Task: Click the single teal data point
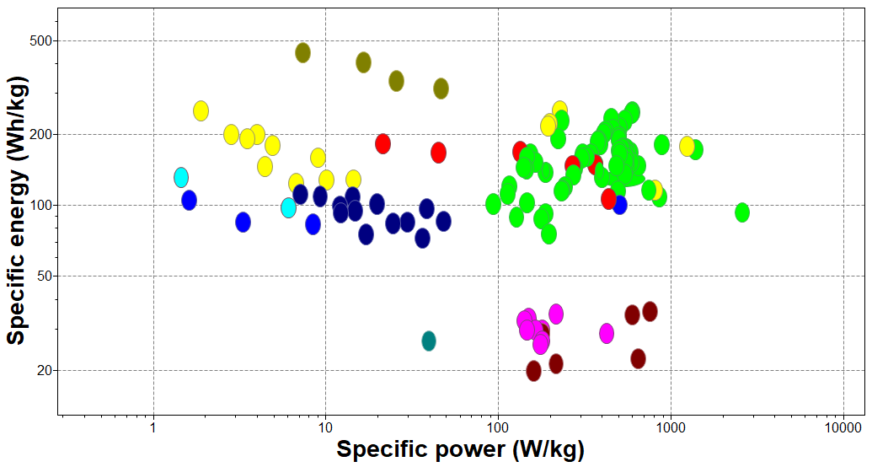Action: pyautogui.click(x=429, y=341)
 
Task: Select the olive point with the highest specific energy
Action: pyautogui.click(x=302, y=53)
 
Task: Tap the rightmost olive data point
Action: pyautogui.click(x=441, y=89)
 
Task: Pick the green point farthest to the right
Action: pyautogui.click(x=741, y=212)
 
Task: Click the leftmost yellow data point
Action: pyautogui.click(x=201, y=110)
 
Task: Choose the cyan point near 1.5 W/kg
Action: pyautogui.click(x=181, y=177)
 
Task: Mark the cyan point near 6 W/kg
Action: pyautogui.click(x=288, y=207)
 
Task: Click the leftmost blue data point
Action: pyautogui.click(x=189, y=200)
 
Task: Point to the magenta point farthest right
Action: pyautogui.click(x=607, y=333)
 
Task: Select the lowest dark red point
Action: pyautogui.click(x=533, y=371)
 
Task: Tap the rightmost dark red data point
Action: pyautogui.click(x=650, y=311)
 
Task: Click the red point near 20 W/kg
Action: pyautogui.click(x=383, y=143)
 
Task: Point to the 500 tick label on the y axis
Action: pyautogui.click(x=40, y=40)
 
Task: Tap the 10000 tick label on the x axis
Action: pyautogui.click(x=843, y=427)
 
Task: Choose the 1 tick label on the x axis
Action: pyautogui.click(x=153, y=427)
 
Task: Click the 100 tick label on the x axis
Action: pyautogui.click(x=498, y=427)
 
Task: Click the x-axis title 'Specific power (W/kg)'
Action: pyautogui.click(x=460, y=449)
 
